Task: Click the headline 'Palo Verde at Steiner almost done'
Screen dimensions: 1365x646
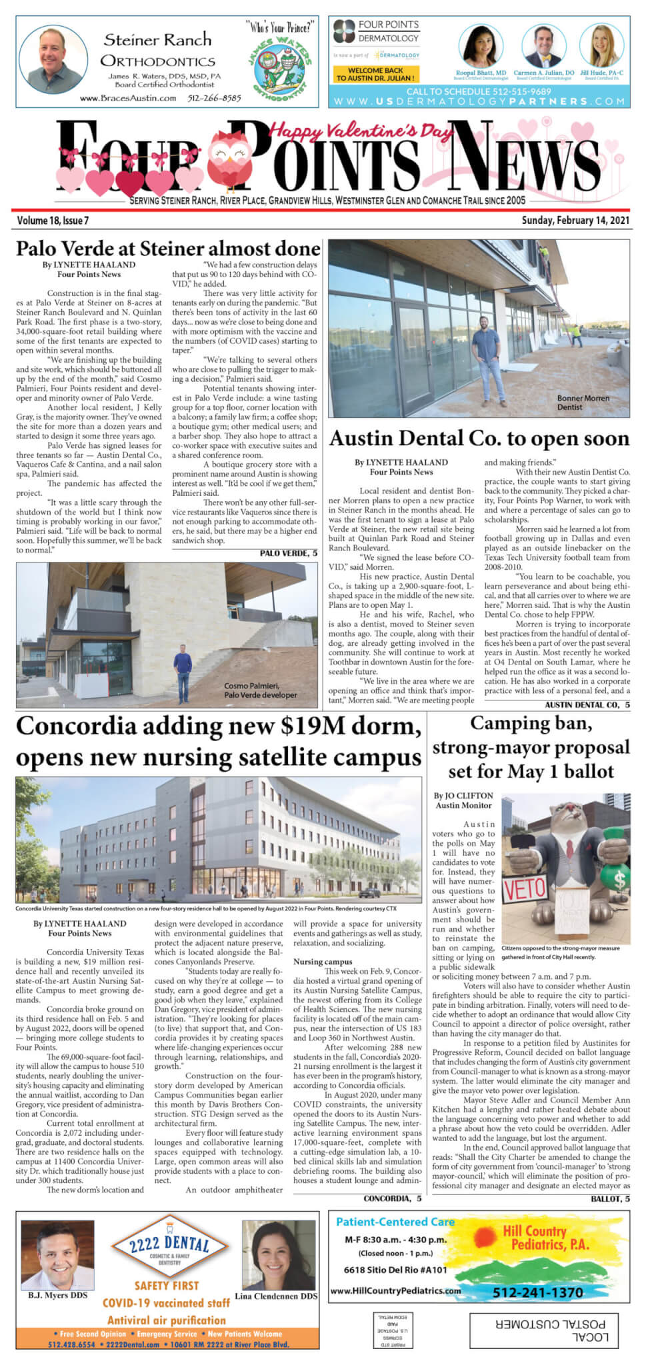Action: pos(168,249)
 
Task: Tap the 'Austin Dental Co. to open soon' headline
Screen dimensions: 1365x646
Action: pos(479,438)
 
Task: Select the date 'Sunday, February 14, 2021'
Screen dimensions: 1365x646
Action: pos(575,220)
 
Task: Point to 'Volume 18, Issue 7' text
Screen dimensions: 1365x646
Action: pos(53,220)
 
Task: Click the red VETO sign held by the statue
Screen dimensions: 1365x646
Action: pos(525,889)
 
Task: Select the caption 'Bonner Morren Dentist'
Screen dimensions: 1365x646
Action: pos(583,402)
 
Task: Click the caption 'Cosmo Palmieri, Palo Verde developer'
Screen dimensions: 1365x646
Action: pos(261,690)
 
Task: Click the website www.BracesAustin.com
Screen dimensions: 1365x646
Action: pos(128,98)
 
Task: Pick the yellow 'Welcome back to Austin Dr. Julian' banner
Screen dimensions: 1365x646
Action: pos(375,73)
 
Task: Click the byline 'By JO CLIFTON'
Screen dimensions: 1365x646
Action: pos(463,795)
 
